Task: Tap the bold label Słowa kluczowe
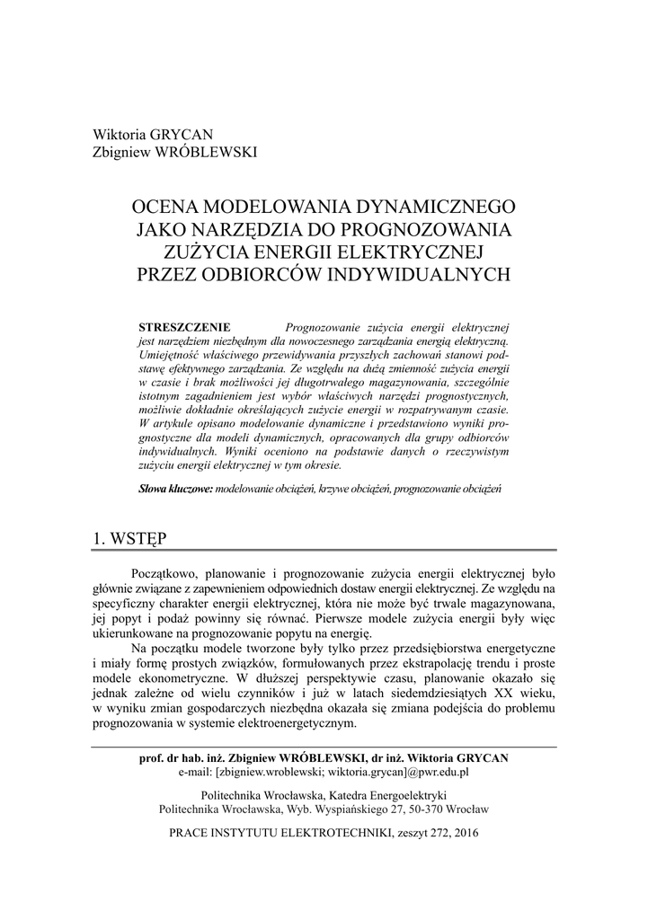coord(175,490)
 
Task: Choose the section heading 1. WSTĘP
coord(129,538)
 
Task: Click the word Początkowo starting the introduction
coord(164,572)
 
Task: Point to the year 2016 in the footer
coord(466,833)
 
